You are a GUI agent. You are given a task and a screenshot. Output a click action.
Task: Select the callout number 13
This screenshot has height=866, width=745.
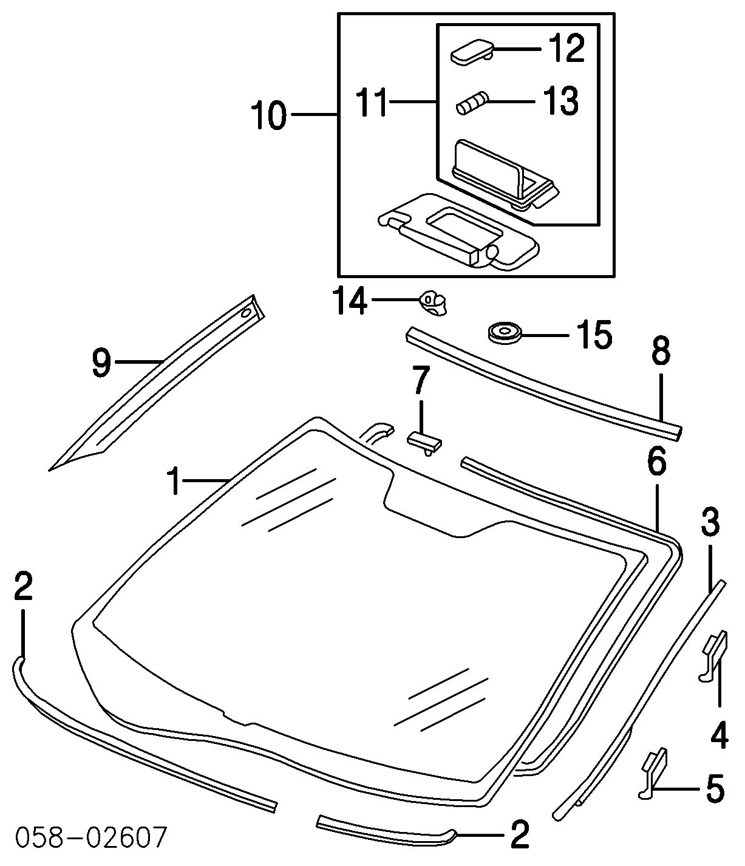tap(560, 101)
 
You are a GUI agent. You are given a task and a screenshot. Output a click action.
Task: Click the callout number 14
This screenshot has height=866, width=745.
tap(350, 301)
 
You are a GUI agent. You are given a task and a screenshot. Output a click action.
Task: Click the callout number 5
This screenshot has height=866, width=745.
tap(715, 789)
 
